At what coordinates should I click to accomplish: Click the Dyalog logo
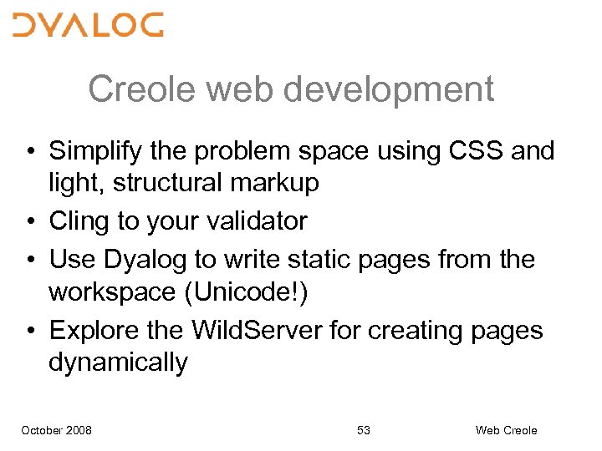coord(88,25)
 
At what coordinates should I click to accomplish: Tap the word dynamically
coord(119,363)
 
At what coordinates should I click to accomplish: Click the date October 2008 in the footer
coord(57,430)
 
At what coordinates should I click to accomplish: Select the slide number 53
coord(363,430)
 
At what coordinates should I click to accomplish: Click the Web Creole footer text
coord(506,430)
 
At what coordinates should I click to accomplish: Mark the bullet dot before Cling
coord(28,222)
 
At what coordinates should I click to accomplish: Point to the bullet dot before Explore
coord(28,331)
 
